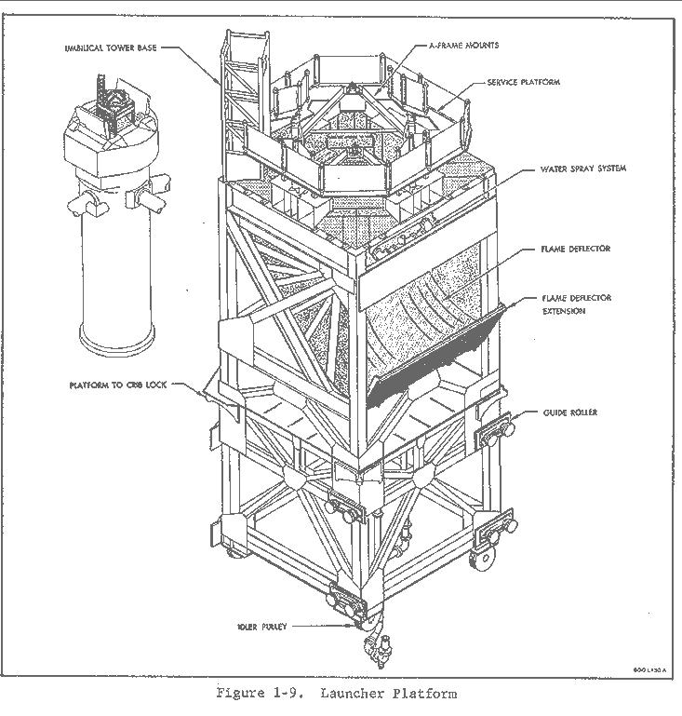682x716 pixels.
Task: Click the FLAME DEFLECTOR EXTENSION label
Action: click(x=577, y=304)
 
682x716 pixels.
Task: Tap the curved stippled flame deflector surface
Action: click(x=419, y=298)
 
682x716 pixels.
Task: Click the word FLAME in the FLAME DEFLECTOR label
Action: click(x=555, y=250)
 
